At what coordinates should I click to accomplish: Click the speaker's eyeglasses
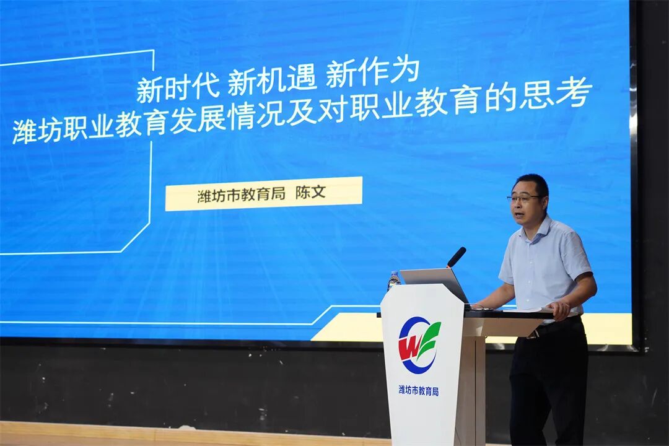(524, 199)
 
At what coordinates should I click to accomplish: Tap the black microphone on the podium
(457, 256)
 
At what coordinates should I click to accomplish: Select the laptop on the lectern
(434, 282)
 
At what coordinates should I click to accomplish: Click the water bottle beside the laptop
(393, 281)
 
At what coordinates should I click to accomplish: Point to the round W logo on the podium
(419, 345)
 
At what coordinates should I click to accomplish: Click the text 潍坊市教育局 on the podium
(419, 390)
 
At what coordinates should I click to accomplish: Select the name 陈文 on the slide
(310, 193)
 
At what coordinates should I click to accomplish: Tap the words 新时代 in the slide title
(178, 88)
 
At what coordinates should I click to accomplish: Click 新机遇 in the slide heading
(272, 81)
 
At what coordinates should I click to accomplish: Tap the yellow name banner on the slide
(263, 194)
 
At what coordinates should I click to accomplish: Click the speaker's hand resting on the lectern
(559, 308)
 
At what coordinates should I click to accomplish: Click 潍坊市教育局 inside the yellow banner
(242, 195)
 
